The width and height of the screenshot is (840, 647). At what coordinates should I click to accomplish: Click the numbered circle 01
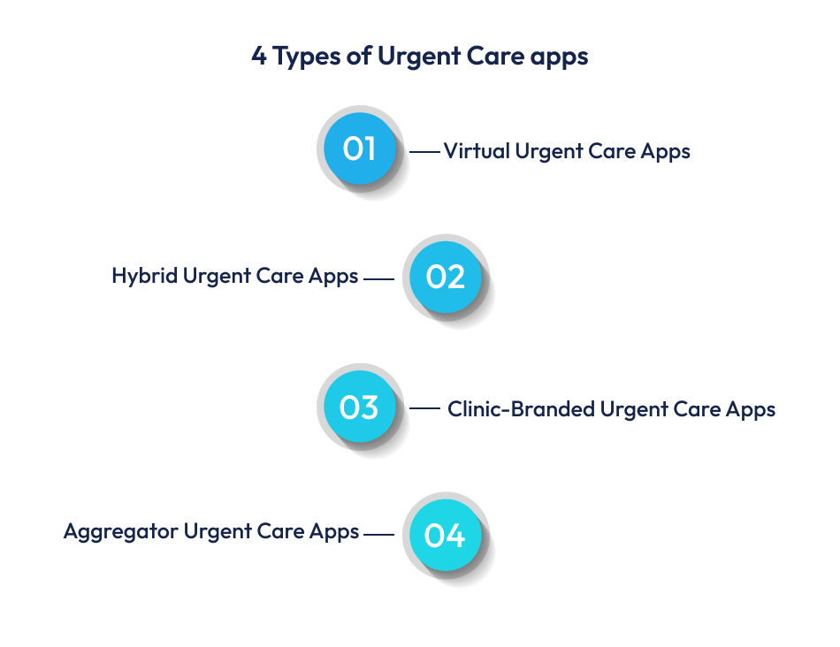coord(359,148)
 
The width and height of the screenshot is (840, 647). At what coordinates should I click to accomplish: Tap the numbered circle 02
coord(445,278)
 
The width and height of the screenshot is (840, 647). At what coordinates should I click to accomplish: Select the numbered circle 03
coord(359,407)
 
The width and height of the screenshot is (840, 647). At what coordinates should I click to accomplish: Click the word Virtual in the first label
coord(477,151)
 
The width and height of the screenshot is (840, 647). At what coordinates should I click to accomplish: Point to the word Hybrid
coord(145,277)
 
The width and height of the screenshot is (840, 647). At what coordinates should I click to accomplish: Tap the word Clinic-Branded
coord(521,409)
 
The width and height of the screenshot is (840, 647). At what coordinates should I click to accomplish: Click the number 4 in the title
coord(258,57)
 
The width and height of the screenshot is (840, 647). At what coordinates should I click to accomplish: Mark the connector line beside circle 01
coord(424,152)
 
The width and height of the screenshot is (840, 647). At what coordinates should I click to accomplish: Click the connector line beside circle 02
coord(378,279)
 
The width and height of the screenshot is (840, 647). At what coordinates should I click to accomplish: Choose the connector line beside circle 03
coord(424,408)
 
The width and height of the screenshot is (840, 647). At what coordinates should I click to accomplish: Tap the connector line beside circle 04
coord(378,534)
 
